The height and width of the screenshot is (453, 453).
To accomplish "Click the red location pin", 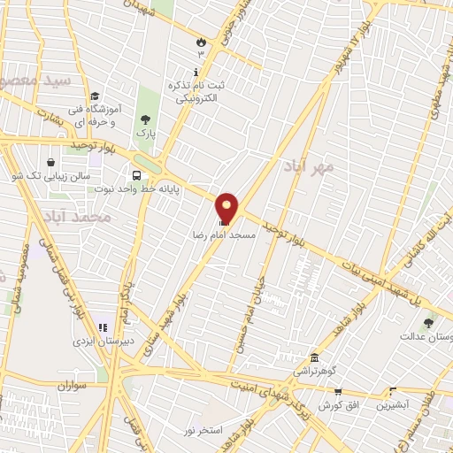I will pos(227,207).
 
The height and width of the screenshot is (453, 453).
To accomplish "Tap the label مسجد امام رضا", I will pos(225,236).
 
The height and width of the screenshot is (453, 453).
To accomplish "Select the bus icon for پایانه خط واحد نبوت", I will pos(136,174).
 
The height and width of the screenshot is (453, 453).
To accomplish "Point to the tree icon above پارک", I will pos(145,119).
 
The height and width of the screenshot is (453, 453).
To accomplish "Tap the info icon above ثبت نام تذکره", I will pos(196,71).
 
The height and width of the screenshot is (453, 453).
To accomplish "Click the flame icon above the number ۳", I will pos(201,41).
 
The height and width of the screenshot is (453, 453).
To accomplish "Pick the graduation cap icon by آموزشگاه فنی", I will pos(95,96).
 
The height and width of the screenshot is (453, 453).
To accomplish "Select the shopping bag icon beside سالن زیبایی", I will pos(51,162).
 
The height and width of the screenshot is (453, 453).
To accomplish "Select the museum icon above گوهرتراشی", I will pos(313,357).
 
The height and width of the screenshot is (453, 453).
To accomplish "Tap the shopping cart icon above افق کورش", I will pos(337,390).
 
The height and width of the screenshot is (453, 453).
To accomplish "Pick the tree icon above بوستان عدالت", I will pos(429,323).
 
